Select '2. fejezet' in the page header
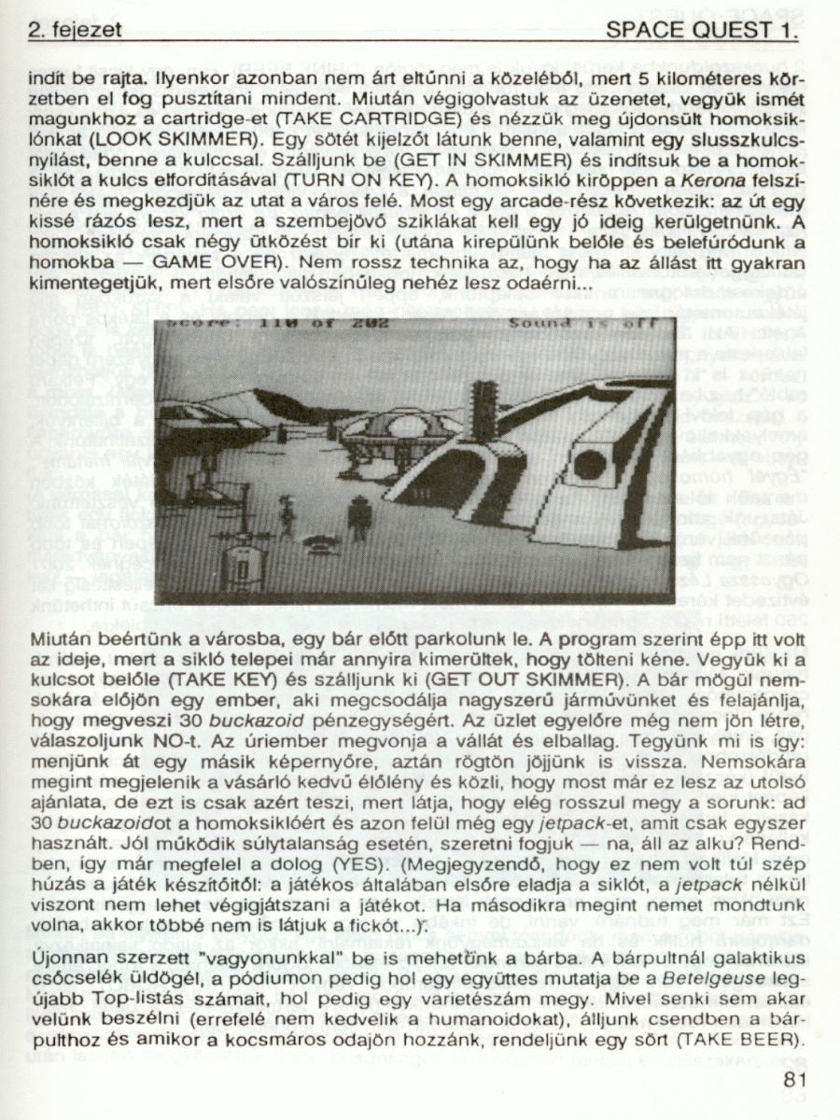click(76, 31)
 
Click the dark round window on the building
click(590, 463)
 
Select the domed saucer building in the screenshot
click(401, 431)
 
